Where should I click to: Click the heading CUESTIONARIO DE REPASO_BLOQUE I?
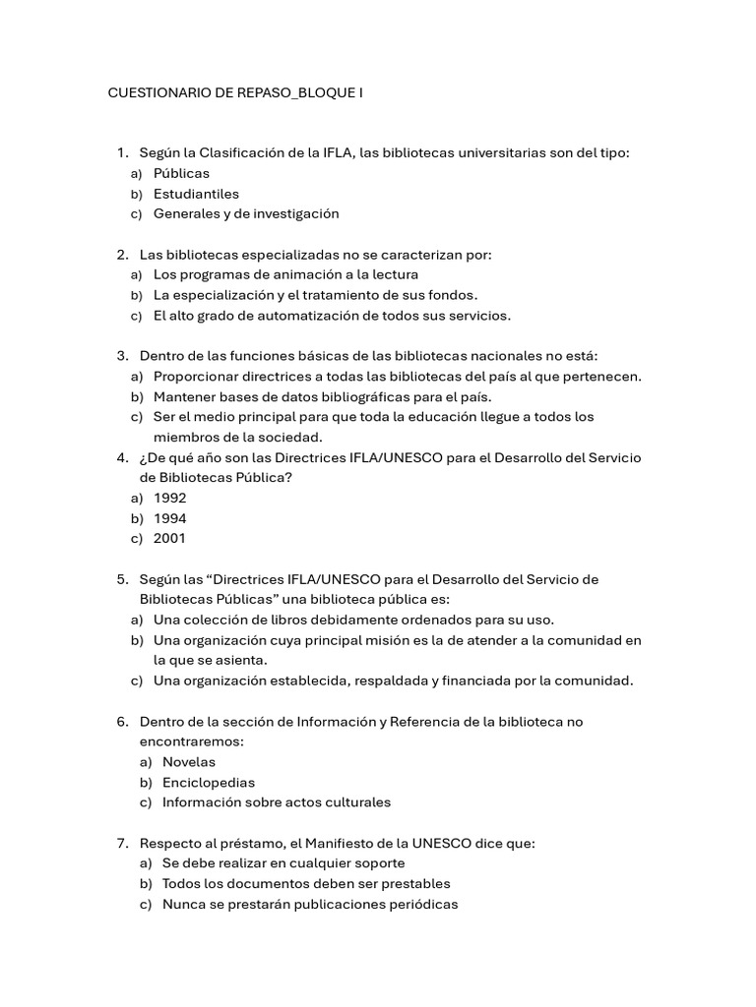tap(234, 93)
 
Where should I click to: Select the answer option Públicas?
tap(181, 173)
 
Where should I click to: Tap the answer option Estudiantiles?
tap(196, 194)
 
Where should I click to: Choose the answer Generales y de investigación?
tap(245, 213)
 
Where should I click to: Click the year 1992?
tap(169, 498)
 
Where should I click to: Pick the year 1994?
tap(169, 518)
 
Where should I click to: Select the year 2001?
tap(169, 538)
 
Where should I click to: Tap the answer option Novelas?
tap(188, 761)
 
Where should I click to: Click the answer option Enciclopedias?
tap(208, 782)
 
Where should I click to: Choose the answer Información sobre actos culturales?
tap(276, 801)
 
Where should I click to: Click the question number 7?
tap(121, 843)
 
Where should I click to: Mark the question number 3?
tap(121, 356)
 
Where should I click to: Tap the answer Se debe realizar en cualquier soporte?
tap(283, 863)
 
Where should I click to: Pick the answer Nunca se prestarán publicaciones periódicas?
tap(309, 904)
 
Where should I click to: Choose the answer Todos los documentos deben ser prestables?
tap(305, 883)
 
